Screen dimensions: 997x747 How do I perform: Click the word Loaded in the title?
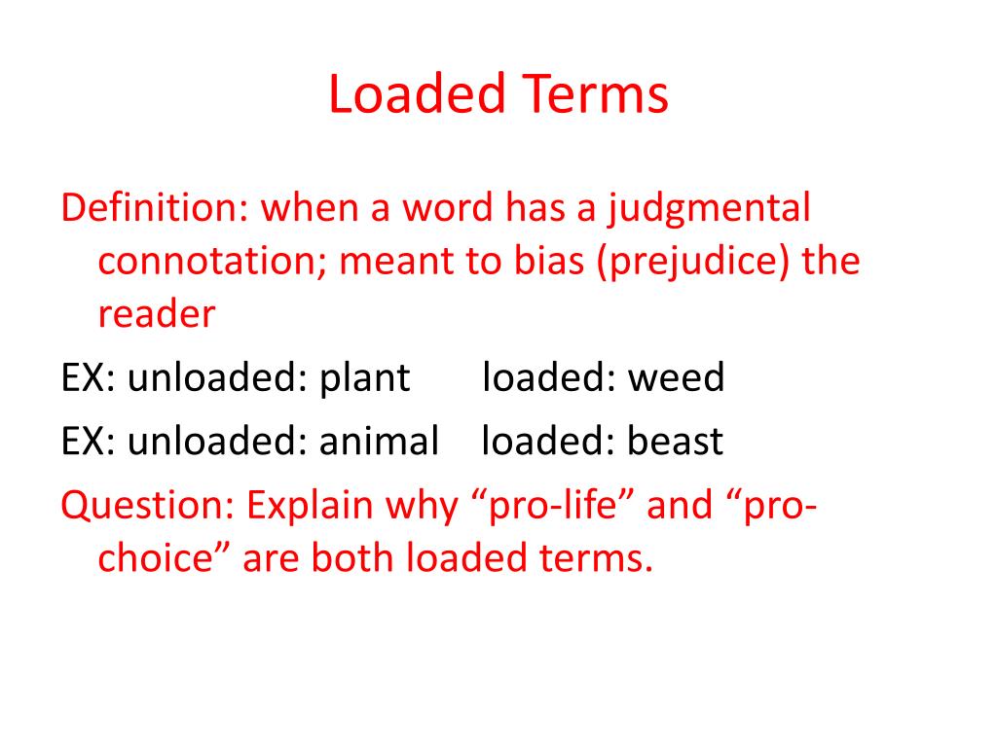coord(417,94)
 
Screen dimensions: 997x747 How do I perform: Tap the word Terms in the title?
coord(595,94)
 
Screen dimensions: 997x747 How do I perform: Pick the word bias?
coord(549,261)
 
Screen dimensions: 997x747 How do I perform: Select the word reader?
coord(157,314)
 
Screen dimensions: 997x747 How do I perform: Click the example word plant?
coord(364,378)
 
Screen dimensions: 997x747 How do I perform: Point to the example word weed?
coord(676,377)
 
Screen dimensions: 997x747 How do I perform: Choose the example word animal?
coord(379,441)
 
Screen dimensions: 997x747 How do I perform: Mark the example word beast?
coord(676,441)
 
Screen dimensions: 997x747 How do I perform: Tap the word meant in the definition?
coord(395,262)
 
